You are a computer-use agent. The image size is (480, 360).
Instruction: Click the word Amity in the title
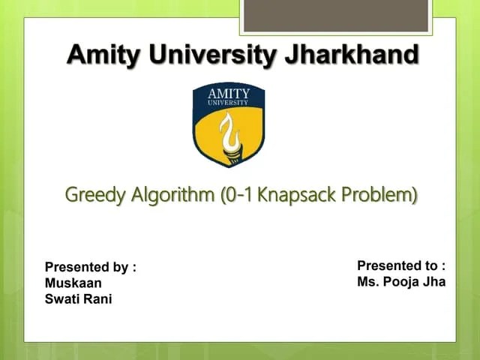(x=103, y=55)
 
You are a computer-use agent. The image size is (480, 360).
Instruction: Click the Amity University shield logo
(x=229, y=124)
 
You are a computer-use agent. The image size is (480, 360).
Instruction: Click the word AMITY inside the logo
(x=229, y=94)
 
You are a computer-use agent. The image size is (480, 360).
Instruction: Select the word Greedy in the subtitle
(x=95, y=196)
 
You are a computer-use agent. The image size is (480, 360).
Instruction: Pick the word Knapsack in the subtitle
(x=297, y=196)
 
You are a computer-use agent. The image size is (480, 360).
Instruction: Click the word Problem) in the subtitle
(x=379, y=196)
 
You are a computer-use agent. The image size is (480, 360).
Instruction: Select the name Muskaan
(x=73, y=283)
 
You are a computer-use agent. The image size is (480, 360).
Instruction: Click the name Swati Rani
(x=79, y=299)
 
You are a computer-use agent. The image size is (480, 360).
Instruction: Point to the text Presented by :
(x=91, y=266)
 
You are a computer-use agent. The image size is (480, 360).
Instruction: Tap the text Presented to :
(x=401, y=265)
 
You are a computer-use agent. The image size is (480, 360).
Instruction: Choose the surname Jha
(x=434, y=282)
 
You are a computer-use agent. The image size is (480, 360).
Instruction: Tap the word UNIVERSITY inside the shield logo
(x=229, y=102)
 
